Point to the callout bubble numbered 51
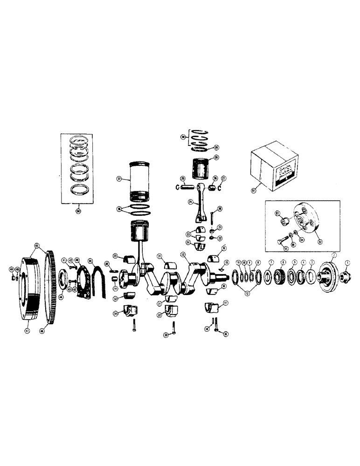tap(266, 190)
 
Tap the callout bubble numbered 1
tap(347, 263)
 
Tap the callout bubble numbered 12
tap(248, 293)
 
